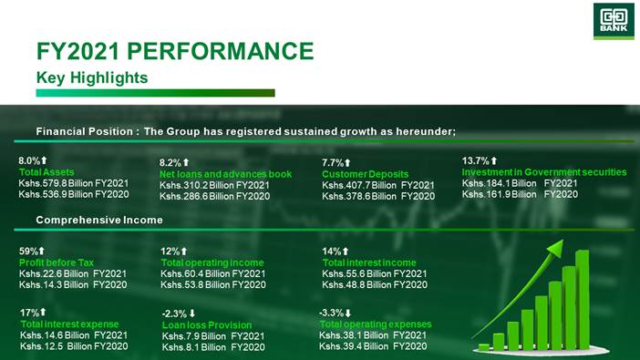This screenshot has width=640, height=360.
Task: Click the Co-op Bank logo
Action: coord(614,21)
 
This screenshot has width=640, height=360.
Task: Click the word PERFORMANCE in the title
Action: coord(221,51)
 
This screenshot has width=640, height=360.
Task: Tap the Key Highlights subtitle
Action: coord(92,77)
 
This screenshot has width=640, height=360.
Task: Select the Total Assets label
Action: coord(46,172)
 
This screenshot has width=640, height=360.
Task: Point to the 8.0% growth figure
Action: coord(29,160)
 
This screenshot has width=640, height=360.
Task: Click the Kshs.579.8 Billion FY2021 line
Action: coord(74,183)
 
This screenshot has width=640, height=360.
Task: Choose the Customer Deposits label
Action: coord(365,174)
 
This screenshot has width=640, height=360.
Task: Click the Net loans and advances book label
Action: coord(225,174)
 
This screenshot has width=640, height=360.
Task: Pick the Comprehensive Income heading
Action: coord(99,220)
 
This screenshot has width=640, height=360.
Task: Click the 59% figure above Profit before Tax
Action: coord(28,251)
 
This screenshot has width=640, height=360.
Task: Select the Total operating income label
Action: coord(212,262)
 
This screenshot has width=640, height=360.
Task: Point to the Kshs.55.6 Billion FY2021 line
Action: coord(375,274)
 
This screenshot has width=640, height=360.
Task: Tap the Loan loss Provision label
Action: coord(207,325)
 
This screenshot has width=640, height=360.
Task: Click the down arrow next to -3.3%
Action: coord(347,313)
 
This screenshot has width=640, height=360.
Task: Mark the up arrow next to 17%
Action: coord(43,312)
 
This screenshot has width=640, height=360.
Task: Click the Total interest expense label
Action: coord(69,324)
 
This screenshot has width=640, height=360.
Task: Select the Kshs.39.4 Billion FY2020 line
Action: coord(373,346)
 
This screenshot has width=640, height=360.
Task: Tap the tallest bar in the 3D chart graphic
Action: coord(583,300)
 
